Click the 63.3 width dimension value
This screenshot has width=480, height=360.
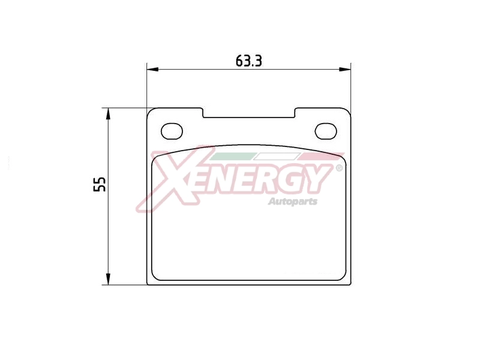249,61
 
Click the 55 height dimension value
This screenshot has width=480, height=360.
100,184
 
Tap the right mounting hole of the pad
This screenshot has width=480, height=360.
326,130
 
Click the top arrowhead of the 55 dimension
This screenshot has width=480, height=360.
107,113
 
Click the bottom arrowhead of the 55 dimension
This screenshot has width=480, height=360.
107,279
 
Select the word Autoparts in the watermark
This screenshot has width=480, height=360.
292,202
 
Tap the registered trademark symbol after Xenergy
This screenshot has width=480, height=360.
339,169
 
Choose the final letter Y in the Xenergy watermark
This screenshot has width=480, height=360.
320,177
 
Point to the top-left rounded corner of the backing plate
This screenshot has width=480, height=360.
151,112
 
